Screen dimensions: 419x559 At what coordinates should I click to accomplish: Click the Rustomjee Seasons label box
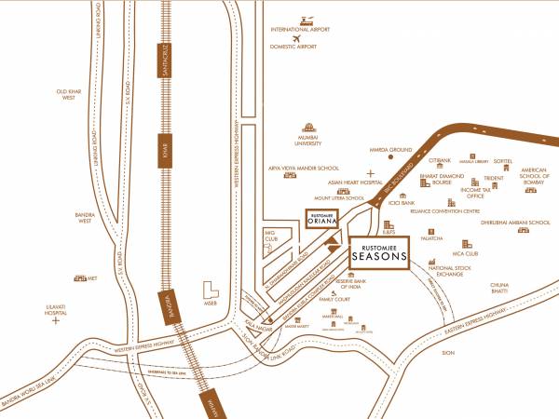click(380, 252)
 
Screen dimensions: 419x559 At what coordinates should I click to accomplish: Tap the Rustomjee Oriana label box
click(321, 219)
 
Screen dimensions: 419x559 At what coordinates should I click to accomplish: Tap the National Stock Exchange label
click(446, 272)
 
